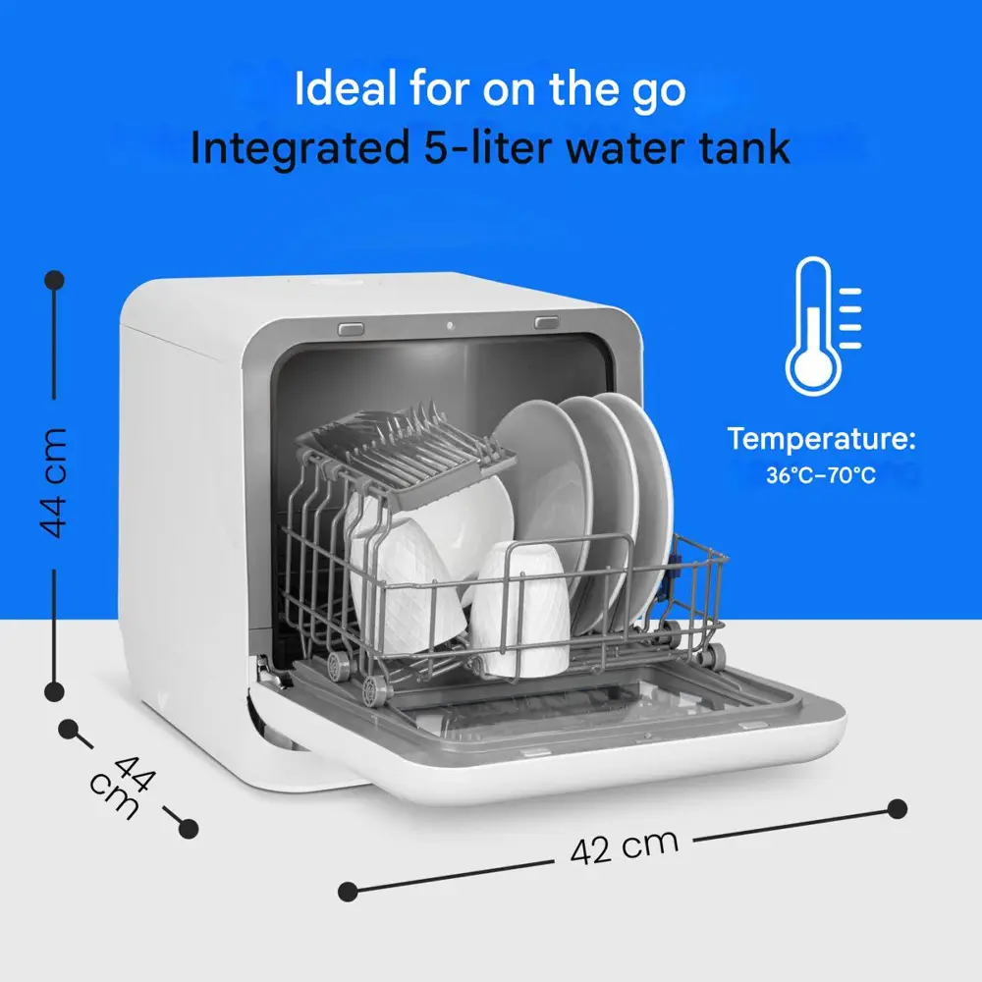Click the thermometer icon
[x=814, y=326]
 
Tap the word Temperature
[x=821, y=438]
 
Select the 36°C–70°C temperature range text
[x=821, y=475]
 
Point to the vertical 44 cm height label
[x=53, y=482]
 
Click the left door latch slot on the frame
[x=351, y=328]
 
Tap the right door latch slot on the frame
[x=547, y=322]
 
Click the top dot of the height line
[x=55, y=279]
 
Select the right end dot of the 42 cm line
[x=898, y=808]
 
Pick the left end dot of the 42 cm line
[x=348, y=892]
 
